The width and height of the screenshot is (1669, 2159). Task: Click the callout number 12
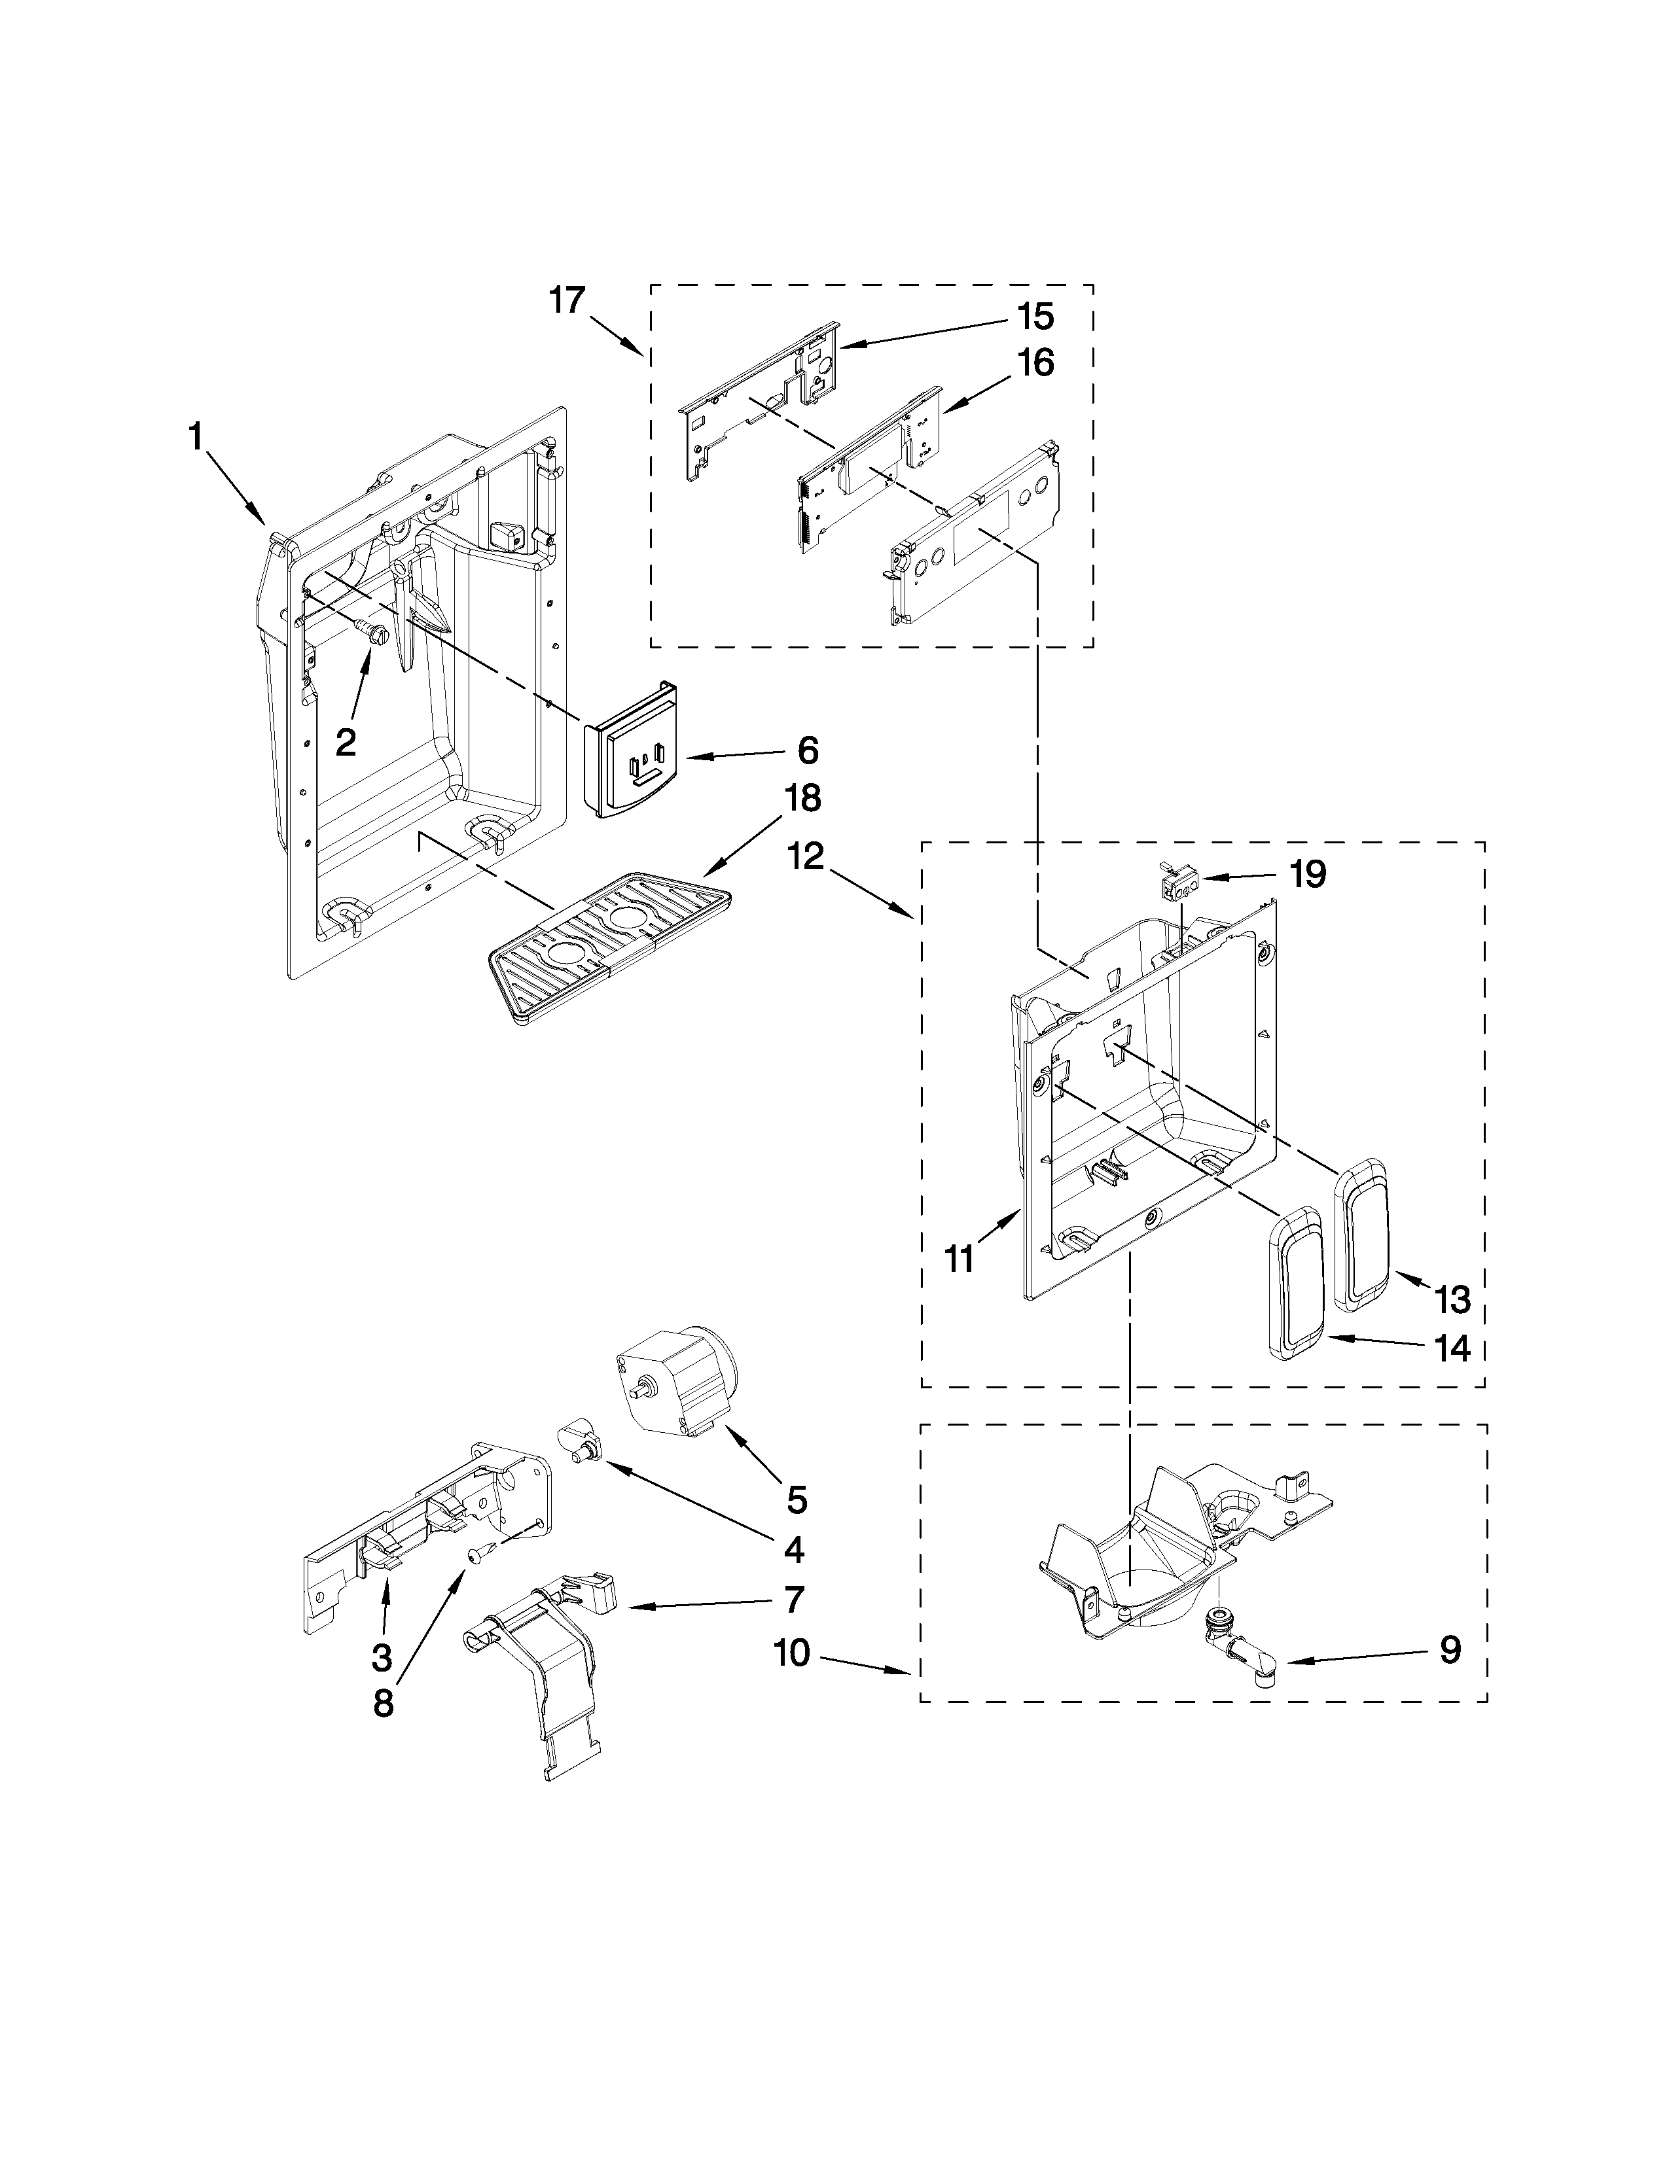tap(807, 856)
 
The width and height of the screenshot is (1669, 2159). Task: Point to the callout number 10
tap(792, 1652)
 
